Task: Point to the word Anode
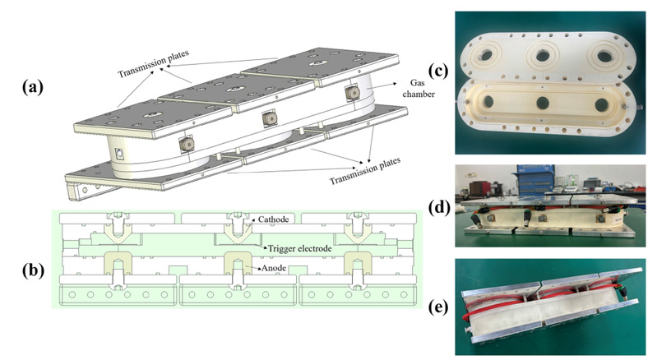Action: [x=278, y=268]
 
